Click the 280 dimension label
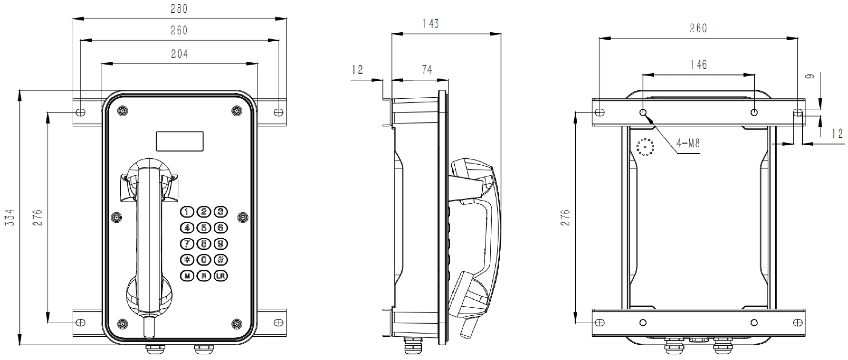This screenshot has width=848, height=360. pyautogui.click(x=179, y=9)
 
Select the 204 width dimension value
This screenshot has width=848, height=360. pyautogui.click(x=179, y=54)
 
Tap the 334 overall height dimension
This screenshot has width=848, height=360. pyautogui.click(x=9, y=217)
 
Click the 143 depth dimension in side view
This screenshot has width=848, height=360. pyautogui.click(x=431, y=24)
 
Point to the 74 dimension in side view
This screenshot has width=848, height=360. pyautogui.click(x=427, y=70)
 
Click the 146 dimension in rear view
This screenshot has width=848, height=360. pyautogui.click(x=698, y=65)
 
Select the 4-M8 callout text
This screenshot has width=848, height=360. pyautogui.click(x=688, y=144)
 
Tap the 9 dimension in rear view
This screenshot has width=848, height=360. pyautogui.click(x=809, y=76)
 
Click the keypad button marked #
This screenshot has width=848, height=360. pyautogui.click(x=221, y=260)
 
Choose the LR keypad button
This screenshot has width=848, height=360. pyautogui.click(x=221, y=276)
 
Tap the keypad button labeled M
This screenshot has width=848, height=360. pyautogui.click(x=187, y=276)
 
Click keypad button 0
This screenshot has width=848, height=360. pyautogui.click(x=204, y=260)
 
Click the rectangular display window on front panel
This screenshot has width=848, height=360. pyautogui.click(x=180, y=141)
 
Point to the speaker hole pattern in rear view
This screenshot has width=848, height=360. pyautogui.click(x=645, y=147)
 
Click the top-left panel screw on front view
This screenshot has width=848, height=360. pyautogui.click(x=122, y=111)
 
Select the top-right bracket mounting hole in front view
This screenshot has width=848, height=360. pyautogui.click(x=278, y=112)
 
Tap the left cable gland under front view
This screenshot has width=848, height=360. pyautogui.click(x=155, y=349)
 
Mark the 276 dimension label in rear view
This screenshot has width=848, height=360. pyautogui.click(x=565, y=218)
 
